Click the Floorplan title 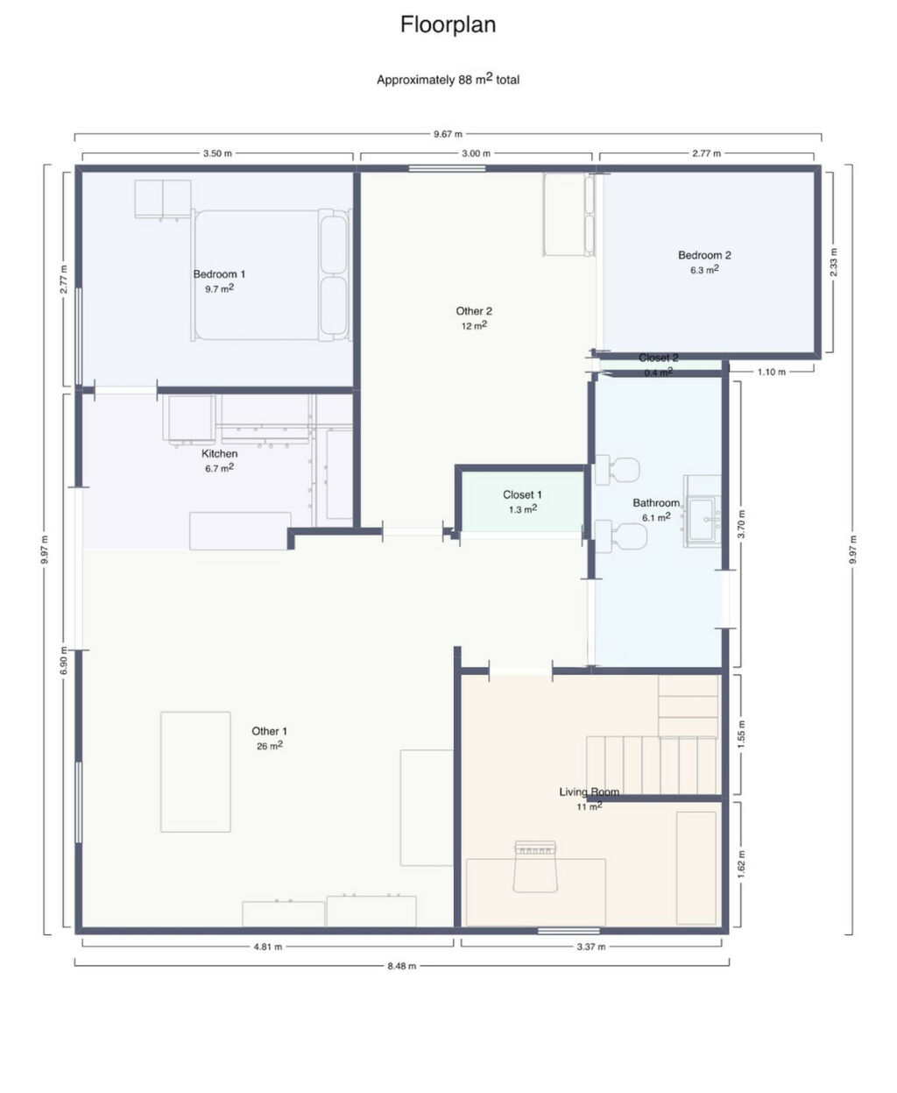(x=448, y=25)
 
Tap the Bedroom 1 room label (x=219, y=274)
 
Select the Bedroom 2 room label (x=704, y=255)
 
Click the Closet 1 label (x=522, y=494)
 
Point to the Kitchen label (x=220, y=453)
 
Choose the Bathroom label (x=656, y=503)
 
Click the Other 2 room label (x=474, y=311)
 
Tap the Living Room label (x=589, y=791)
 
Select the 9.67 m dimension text (x=448, y=134)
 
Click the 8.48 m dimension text (x=402, y=966)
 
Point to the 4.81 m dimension (x=268, y=947)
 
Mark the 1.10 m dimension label (x=771, y=372)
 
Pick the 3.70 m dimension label (x=741, y=524)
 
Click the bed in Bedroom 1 (x=272, y=274)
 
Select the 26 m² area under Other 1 (x=270, y=746)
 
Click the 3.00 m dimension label (x=476, y=153)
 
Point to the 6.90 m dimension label (x=64, y=660)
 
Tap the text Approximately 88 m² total (x=448, y=79)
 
